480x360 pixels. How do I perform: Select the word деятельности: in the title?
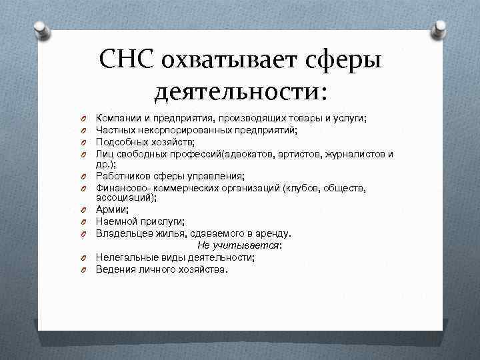coord(240,89)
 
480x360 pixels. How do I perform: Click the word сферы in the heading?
coord(346,61)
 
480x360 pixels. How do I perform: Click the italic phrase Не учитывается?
coord(239,245)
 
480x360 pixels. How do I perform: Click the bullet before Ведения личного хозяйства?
coord(86,270)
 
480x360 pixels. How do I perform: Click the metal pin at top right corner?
coord(440,29)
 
